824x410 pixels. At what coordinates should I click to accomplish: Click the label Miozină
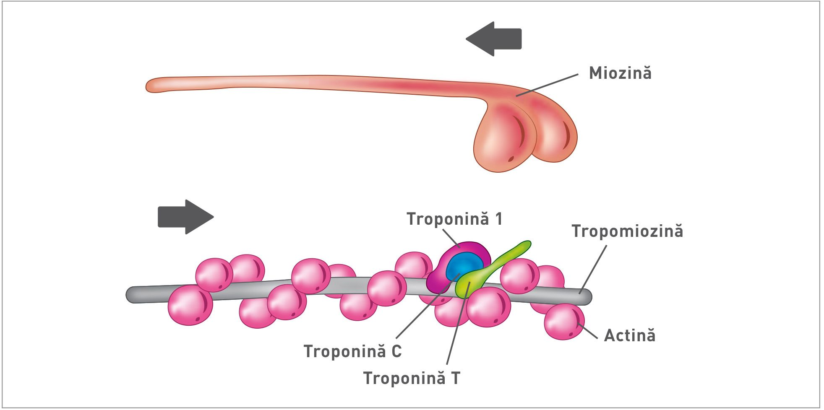pyautogui.click(x=620, y=73)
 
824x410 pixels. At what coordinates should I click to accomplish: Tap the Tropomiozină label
pyautogui.click(x=627, y=231)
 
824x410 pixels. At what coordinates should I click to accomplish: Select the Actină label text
pyautogui.click(x=629, y=336)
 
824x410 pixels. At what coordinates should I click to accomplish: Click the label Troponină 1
pyautogui.click(x=454, y=219)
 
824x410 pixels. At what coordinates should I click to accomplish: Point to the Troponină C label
pyautogui.click(x=352, y=351)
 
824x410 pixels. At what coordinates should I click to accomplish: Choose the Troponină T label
pyautogui.click(x=412, y=378)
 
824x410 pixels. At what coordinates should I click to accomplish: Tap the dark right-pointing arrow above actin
pyautogui.click(x=185, y=217)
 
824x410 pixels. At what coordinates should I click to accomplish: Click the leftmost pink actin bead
pyautogui.click(x=190, y=305)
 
